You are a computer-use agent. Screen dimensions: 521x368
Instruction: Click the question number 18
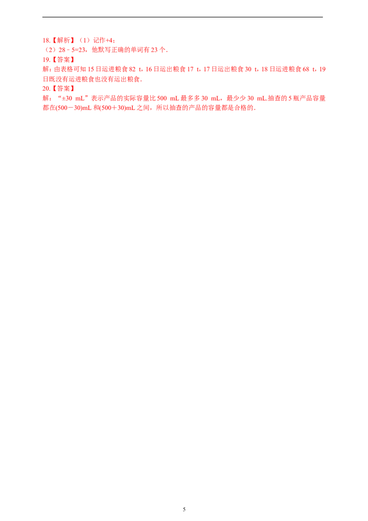45,41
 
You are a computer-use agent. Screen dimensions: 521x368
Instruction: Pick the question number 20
45,88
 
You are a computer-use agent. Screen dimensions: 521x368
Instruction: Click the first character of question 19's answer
45,70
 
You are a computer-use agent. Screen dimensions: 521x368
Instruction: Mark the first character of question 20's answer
45,98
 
